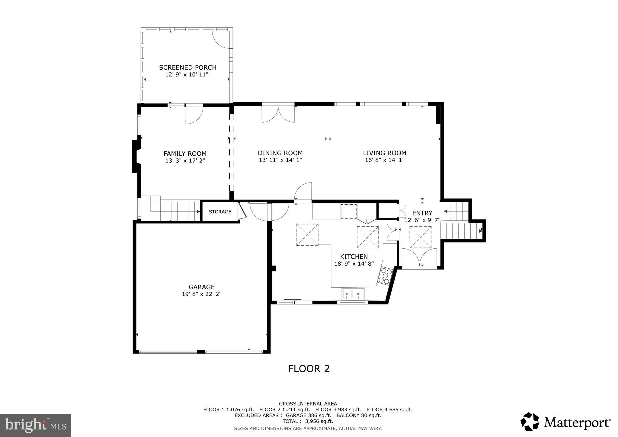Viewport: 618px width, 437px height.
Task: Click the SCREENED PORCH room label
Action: click(x=187, y=68)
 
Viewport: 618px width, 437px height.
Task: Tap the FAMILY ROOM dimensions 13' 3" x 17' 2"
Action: click(x=185, y=161)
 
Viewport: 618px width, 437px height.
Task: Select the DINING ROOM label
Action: click(x=280, y=153)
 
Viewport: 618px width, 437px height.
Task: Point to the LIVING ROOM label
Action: click(x=384, y=153)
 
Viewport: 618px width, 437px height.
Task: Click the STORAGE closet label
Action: click(x=220, y=212)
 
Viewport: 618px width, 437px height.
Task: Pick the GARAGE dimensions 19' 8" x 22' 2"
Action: click(x=201, y=294)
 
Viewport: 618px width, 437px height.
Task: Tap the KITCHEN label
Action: click(x=354, y=257)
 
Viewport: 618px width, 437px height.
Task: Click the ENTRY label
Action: click(x=422, y=213)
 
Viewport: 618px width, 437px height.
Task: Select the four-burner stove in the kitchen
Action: click(x=386, y=276)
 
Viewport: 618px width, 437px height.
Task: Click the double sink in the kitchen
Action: click(x=353, y=294)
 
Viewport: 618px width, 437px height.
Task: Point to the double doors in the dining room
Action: click(x=278, y=113)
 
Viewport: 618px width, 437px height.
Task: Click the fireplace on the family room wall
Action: click(x=136, y=156)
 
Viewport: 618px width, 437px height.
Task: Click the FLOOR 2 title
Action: click(x=309, y=369)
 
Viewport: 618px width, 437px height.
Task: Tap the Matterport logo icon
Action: click(x=530, y=421)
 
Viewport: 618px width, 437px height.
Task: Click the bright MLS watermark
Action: click(x=35, y=425)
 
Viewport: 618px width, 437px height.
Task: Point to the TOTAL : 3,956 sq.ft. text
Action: click(x=308, y=421)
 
